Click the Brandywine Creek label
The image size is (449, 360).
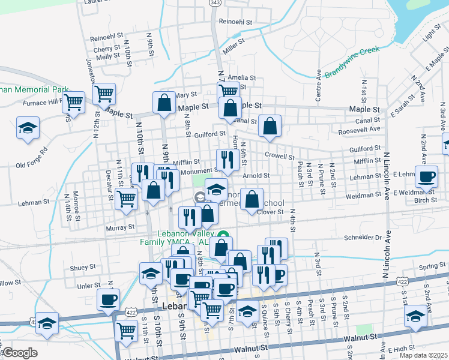(x=353, y=62)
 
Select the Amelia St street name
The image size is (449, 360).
(x=242, y=78)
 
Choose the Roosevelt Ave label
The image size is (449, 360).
(x=360, y=129)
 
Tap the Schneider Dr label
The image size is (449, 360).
(x=361, y=238)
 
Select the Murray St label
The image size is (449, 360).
(x=121, y=227)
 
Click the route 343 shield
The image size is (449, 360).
(x=215, y=3)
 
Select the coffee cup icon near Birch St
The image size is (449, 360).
(x=427, y=177)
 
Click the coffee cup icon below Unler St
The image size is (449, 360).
(x=109, y=299)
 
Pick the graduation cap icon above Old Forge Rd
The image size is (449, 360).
(x=27, y=129)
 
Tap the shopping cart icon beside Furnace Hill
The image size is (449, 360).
(x=74, y=101)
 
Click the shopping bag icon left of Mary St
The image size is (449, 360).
(x=164, y=103)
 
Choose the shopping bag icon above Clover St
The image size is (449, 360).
(x=252, y=199)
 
